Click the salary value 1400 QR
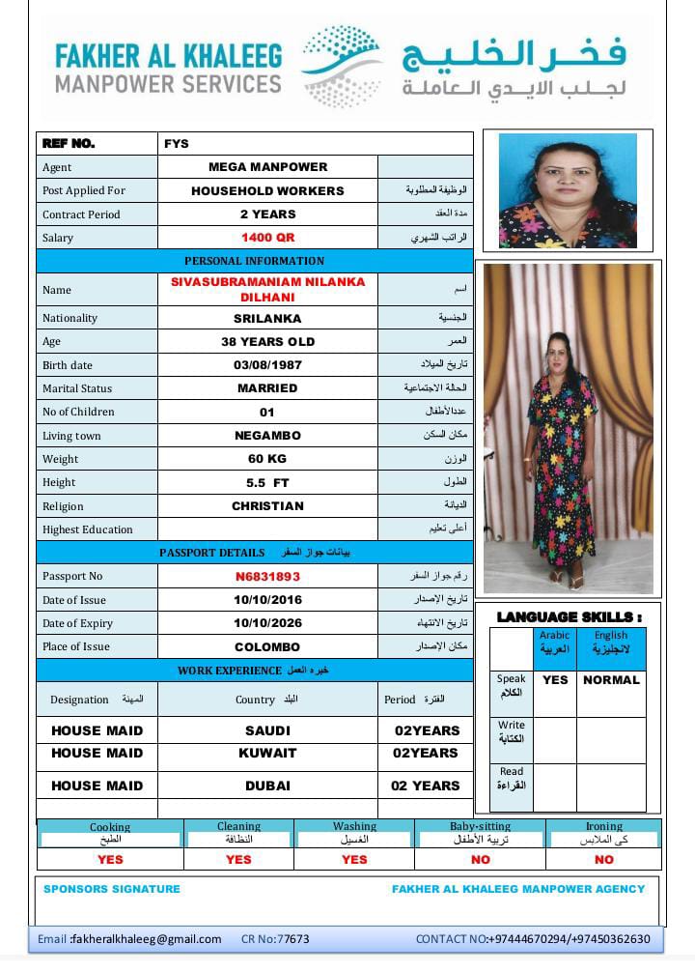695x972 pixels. coord(267,238)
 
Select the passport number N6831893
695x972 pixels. coord(267,577)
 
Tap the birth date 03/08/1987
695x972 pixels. coord(267,365)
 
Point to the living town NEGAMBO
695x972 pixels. coord(267,436)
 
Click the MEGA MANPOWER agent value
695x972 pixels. coord(267,167)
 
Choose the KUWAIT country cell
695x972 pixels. coord(267,754)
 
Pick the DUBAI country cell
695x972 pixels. coord(267,786)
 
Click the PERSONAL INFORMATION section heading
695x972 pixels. coord(255,261)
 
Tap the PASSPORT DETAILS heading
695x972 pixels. coord(211,553)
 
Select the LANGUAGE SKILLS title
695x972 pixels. coord(569,616)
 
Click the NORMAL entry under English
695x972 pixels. coord(611,680)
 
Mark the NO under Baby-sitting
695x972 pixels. coord(480,860)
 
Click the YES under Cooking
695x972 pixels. coord(110,860)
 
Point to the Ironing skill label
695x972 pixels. coord(604,827)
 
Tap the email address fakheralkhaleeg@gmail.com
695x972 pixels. coord(146,939)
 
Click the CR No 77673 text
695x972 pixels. coord(275,939)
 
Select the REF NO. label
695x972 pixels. coord(69,144)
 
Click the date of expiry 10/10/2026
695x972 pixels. coord(267,624)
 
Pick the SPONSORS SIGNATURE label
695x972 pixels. coord(112,889)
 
